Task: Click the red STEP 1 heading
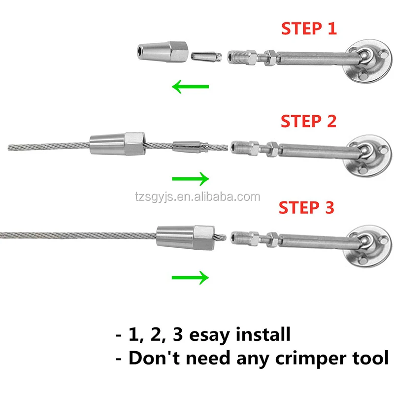pos(309,29)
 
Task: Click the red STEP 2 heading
pos(308,121)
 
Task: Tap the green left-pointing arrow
pos(190,88)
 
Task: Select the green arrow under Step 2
pos(190,179)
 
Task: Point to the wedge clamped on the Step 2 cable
pos(190,146)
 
